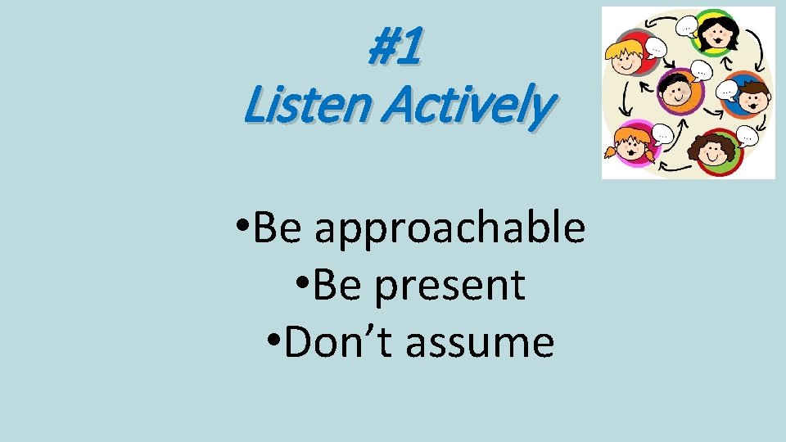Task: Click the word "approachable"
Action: tap(449, 228)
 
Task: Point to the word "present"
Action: tap(449, 285)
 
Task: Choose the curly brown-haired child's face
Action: tap(712, 151)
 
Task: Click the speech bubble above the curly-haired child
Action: tap(747, 135)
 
